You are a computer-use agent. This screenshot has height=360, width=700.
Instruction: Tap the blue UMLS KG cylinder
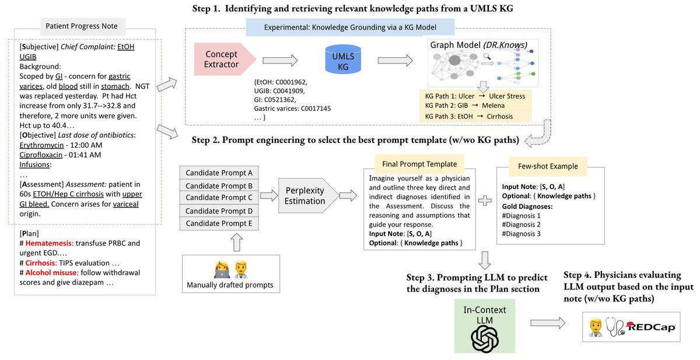click(343, 60)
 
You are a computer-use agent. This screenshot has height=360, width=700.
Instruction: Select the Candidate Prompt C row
click(219, 197)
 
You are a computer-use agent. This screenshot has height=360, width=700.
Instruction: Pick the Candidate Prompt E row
click(219, 223)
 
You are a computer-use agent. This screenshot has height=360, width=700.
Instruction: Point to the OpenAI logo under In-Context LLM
click(485, 339)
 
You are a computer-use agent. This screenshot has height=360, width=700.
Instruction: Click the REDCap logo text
click(652, 327)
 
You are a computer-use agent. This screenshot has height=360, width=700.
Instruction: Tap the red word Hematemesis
click(48, 243)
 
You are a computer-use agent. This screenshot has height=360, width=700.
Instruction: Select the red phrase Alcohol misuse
click(51, 272)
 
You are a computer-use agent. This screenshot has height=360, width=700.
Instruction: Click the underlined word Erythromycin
click(41, 145)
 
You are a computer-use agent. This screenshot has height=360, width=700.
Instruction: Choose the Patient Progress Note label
click(82, 26)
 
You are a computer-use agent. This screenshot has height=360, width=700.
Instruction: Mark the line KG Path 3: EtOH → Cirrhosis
click(469, 116)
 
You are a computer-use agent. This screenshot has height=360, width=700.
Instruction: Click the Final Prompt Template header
click(419, 164)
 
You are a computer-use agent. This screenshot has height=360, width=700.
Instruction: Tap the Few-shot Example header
click(548, 166)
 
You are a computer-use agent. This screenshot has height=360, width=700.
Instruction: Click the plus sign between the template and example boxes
click(485, 201)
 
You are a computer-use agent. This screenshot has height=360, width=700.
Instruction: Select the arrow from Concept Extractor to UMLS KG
click(280, 60)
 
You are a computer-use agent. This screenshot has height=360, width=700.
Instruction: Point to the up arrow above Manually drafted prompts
click(237, 242)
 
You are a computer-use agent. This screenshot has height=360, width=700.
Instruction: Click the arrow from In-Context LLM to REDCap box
click(548, 323)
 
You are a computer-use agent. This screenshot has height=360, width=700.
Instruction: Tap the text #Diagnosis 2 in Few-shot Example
click(521, 225)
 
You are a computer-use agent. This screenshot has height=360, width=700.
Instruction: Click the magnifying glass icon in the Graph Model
click(487, 57)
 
